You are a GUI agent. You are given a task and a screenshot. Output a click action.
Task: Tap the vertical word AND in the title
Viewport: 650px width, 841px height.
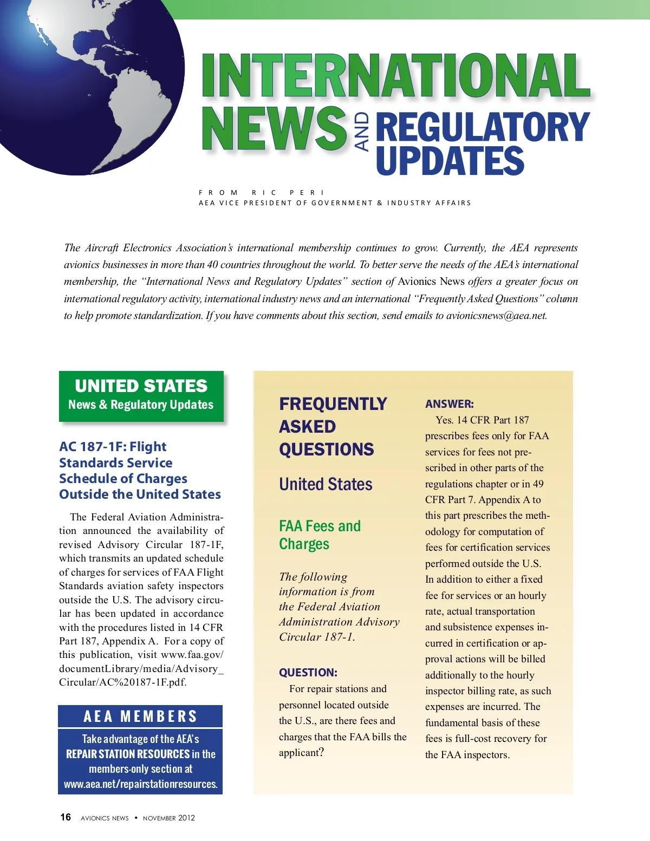coord(362,131)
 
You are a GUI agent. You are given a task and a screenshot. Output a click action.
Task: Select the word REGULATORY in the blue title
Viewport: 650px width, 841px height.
coord(482,127)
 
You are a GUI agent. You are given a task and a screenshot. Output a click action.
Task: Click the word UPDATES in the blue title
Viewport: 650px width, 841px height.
coord(450,161)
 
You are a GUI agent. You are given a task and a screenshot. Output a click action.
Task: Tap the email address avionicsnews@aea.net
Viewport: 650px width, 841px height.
coord(496,316)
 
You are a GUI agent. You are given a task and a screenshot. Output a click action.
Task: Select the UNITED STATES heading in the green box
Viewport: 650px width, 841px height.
coord(141,386)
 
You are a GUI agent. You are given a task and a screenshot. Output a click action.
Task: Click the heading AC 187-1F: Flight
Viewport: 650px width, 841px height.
coord(113,447)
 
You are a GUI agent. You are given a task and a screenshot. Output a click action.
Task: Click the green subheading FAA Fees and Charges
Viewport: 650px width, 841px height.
coord(320,534)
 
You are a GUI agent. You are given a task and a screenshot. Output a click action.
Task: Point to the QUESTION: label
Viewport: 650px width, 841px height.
coord(308,673)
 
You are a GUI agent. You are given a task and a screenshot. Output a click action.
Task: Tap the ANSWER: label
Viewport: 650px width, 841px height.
coord(449,404)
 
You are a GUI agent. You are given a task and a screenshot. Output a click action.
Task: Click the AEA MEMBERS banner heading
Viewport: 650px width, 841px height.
coord(140,716)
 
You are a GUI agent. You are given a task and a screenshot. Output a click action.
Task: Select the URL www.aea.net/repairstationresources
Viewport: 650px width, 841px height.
coord(140,784)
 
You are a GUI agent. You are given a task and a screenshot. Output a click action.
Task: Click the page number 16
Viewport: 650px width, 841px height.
coord(66,817)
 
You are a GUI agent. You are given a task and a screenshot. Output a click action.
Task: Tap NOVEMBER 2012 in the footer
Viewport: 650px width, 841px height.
coord(168,818)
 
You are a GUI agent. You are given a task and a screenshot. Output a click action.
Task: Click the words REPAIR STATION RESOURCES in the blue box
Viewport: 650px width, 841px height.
coord(128,754)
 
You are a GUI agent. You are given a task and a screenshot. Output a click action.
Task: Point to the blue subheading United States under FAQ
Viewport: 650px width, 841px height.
coord(326,484)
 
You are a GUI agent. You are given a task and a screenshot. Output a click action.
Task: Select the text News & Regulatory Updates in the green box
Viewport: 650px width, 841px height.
coord(141,405)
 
